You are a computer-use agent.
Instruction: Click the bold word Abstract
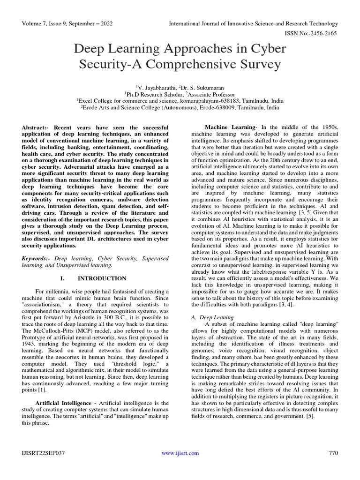[36, 127]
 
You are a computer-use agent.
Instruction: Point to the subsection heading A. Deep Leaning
[209, 317]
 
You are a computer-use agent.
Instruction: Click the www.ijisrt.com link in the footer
[180, 453]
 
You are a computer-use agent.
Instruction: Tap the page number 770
[333, 453]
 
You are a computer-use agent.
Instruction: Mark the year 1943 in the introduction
[30, 344]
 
